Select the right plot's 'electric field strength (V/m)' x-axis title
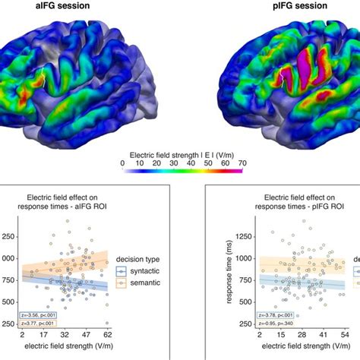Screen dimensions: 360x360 click(300, 346)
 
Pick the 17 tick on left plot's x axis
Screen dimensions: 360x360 click(45, 334)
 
